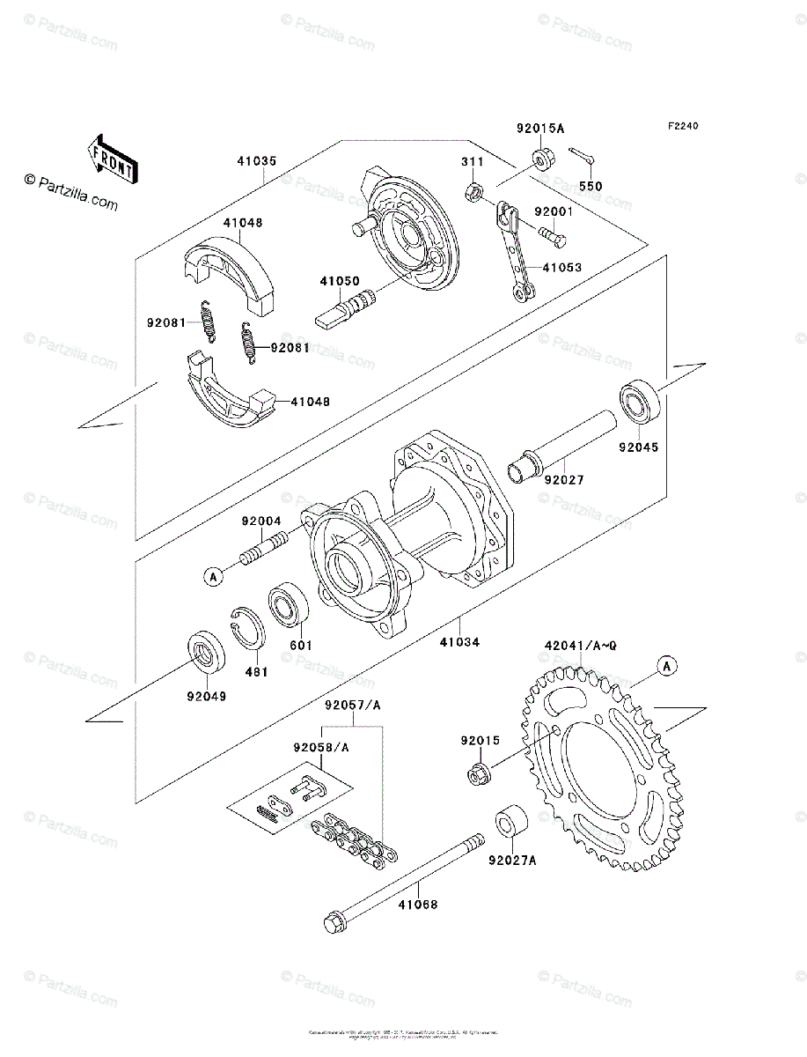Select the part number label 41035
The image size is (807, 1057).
[256, 161]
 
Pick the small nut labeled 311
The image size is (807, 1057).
[473, 191]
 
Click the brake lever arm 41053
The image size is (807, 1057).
[515, 250]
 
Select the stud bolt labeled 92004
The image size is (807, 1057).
[262, 551]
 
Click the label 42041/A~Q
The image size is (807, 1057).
[582, 646]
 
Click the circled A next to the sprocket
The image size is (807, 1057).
[668, 666]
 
